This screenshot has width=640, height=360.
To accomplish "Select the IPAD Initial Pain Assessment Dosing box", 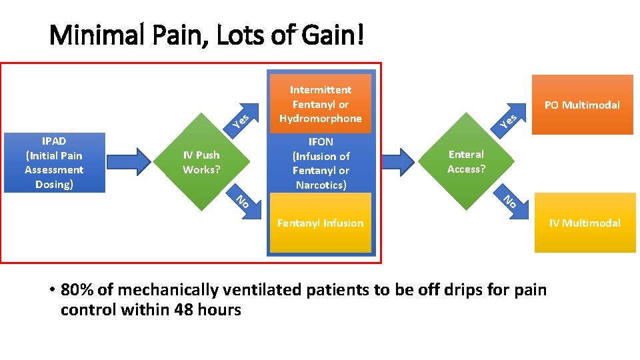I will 54,163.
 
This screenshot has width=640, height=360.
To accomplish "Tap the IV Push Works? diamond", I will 201,163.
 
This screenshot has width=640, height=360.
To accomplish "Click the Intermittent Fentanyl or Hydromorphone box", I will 321,104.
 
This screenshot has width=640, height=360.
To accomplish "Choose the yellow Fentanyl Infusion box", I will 321,223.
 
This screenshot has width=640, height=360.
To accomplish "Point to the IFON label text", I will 321,142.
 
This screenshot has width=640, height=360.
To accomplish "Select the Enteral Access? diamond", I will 467,162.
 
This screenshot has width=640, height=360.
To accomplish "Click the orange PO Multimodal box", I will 582,105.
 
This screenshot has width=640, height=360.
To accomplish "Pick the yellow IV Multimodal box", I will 585,223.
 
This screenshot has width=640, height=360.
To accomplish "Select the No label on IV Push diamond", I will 243,199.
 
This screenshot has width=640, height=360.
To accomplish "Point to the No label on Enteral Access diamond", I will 510,200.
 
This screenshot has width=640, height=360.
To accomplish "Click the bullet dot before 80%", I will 51,291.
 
